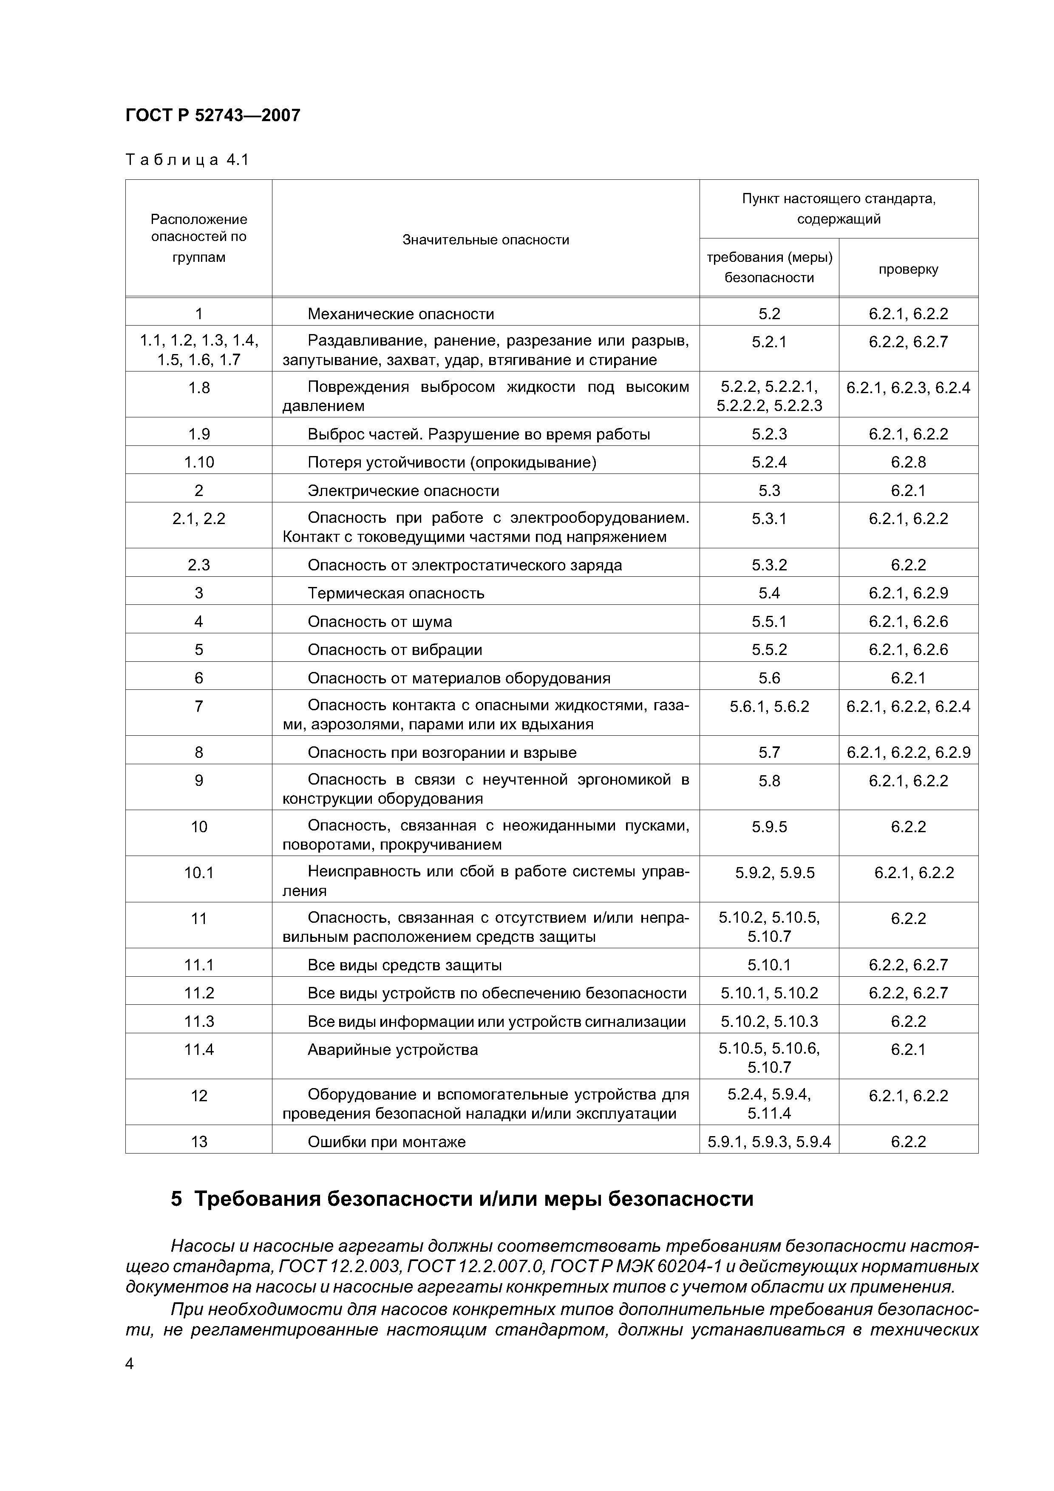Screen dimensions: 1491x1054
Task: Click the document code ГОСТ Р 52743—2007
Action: click(x=212, y=116)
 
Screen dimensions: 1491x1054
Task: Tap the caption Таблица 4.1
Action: click(x=187, y=160)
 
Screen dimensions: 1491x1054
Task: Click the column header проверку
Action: click(x=908, y=269)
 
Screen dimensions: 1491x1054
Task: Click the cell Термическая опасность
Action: click(x=396, y=593)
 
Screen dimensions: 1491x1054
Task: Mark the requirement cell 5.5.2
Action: click(x=769, y=650)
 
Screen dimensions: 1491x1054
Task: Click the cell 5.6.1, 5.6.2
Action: click(x=769, y=706)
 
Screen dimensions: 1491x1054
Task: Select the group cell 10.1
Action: click(x=199, y=873)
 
